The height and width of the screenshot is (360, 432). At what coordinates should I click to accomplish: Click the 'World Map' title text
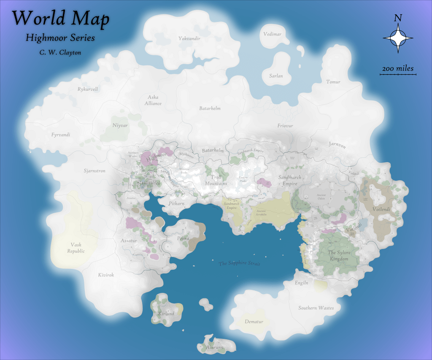coord(61,19)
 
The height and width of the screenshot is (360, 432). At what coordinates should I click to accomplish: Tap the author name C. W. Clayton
coord(60,52)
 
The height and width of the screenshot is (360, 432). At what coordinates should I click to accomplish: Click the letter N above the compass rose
coord(397,18)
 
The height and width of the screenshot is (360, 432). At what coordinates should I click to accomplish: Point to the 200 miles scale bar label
coord(398,68)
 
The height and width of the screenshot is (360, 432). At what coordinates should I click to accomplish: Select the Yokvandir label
coord(189,38)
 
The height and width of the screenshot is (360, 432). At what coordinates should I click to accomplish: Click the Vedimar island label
coord(272,34)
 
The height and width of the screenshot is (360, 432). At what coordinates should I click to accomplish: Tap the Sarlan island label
coord(276,76)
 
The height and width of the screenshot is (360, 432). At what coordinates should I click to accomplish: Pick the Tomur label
coord(333,82)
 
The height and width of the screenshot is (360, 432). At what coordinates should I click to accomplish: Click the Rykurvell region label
coord(88,89)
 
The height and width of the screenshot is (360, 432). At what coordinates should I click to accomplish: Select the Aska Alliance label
coord(153,100)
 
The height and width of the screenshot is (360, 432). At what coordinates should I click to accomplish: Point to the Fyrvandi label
coord(61,135)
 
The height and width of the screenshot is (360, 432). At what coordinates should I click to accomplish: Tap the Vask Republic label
coord(76,248)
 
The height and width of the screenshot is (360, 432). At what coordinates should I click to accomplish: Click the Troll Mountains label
coord(216,181)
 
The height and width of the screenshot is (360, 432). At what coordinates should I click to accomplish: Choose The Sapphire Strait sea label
coord(239,264)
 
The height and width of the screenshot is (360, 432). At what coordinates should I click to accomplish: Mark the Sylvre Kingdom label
coord(339,256)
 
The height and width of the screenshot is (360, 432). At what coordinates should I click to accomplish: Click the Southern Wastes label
coord(316,308)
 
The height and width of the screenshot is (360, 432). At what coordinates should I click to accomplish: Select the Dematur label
coord(254,322)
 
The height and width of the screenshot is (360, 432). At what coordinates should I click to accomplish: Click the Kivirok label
coord(106,275)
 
